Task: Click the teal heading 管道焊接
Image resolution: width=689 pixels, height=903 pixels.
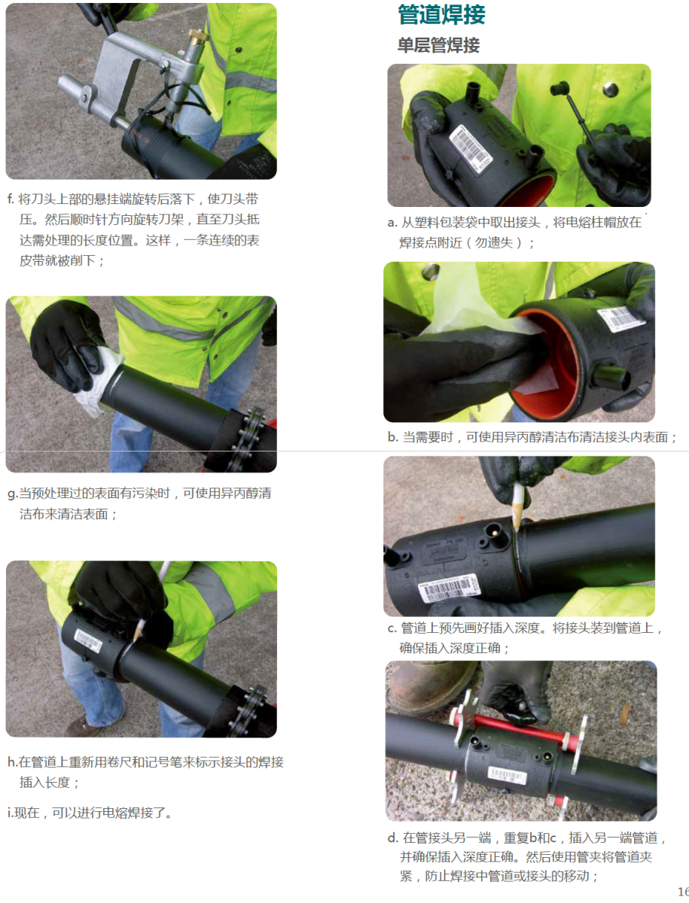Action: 441,14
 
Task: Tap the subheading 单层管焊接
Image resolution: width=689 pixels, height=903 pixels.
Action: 439,45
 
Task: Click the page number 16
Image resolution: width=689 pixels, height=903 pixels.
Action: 684,891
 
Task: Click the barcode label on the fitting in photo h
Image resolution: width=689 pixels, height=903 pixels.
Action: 88,640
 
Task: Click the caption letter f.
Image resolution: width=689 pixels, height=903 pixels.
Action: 11,199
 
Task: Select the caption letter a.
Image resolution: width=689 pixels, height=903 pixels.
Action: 392,223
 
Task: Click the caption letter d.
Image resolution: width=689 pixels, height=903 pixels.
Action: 392,837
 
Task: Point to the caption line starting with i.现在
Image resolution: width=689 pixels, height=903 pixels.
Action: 90,813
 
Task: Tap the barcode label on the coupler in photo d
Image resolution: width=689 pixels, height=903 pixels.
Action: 507,775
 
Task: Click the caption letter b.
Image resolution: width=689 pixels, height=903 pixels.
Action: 392,437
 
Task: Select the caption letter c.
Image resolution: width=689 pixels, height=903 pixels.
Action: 392,628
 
